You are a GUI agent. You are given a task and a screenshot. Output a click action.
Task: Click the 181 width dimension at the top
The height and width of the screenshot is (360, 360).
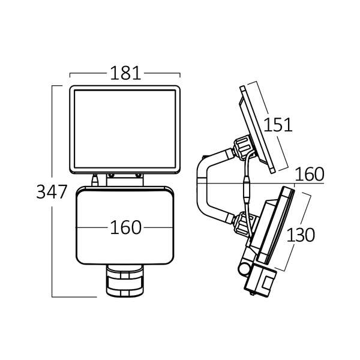click(125, 73)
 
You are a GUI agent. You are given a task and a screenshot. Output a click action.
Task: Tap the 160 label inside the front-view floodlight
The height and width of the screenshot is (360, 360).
click(125, 228)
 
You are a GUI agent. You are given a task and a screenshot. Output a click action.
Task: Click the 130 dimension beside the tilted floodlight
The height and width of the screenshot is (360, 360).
click(301, 235)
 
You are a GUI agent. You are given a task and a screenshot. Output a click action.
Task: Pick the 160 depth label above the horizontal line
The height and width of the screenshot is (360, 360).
click(310, 174)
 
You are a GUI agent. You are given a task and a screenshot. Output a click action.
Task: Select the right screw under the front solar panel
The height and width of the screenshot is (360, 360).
click(139, 176)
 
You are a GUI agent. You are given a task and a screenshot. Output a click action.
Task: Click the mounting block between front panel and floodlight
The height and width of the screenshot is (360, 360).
click(125, 179)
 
